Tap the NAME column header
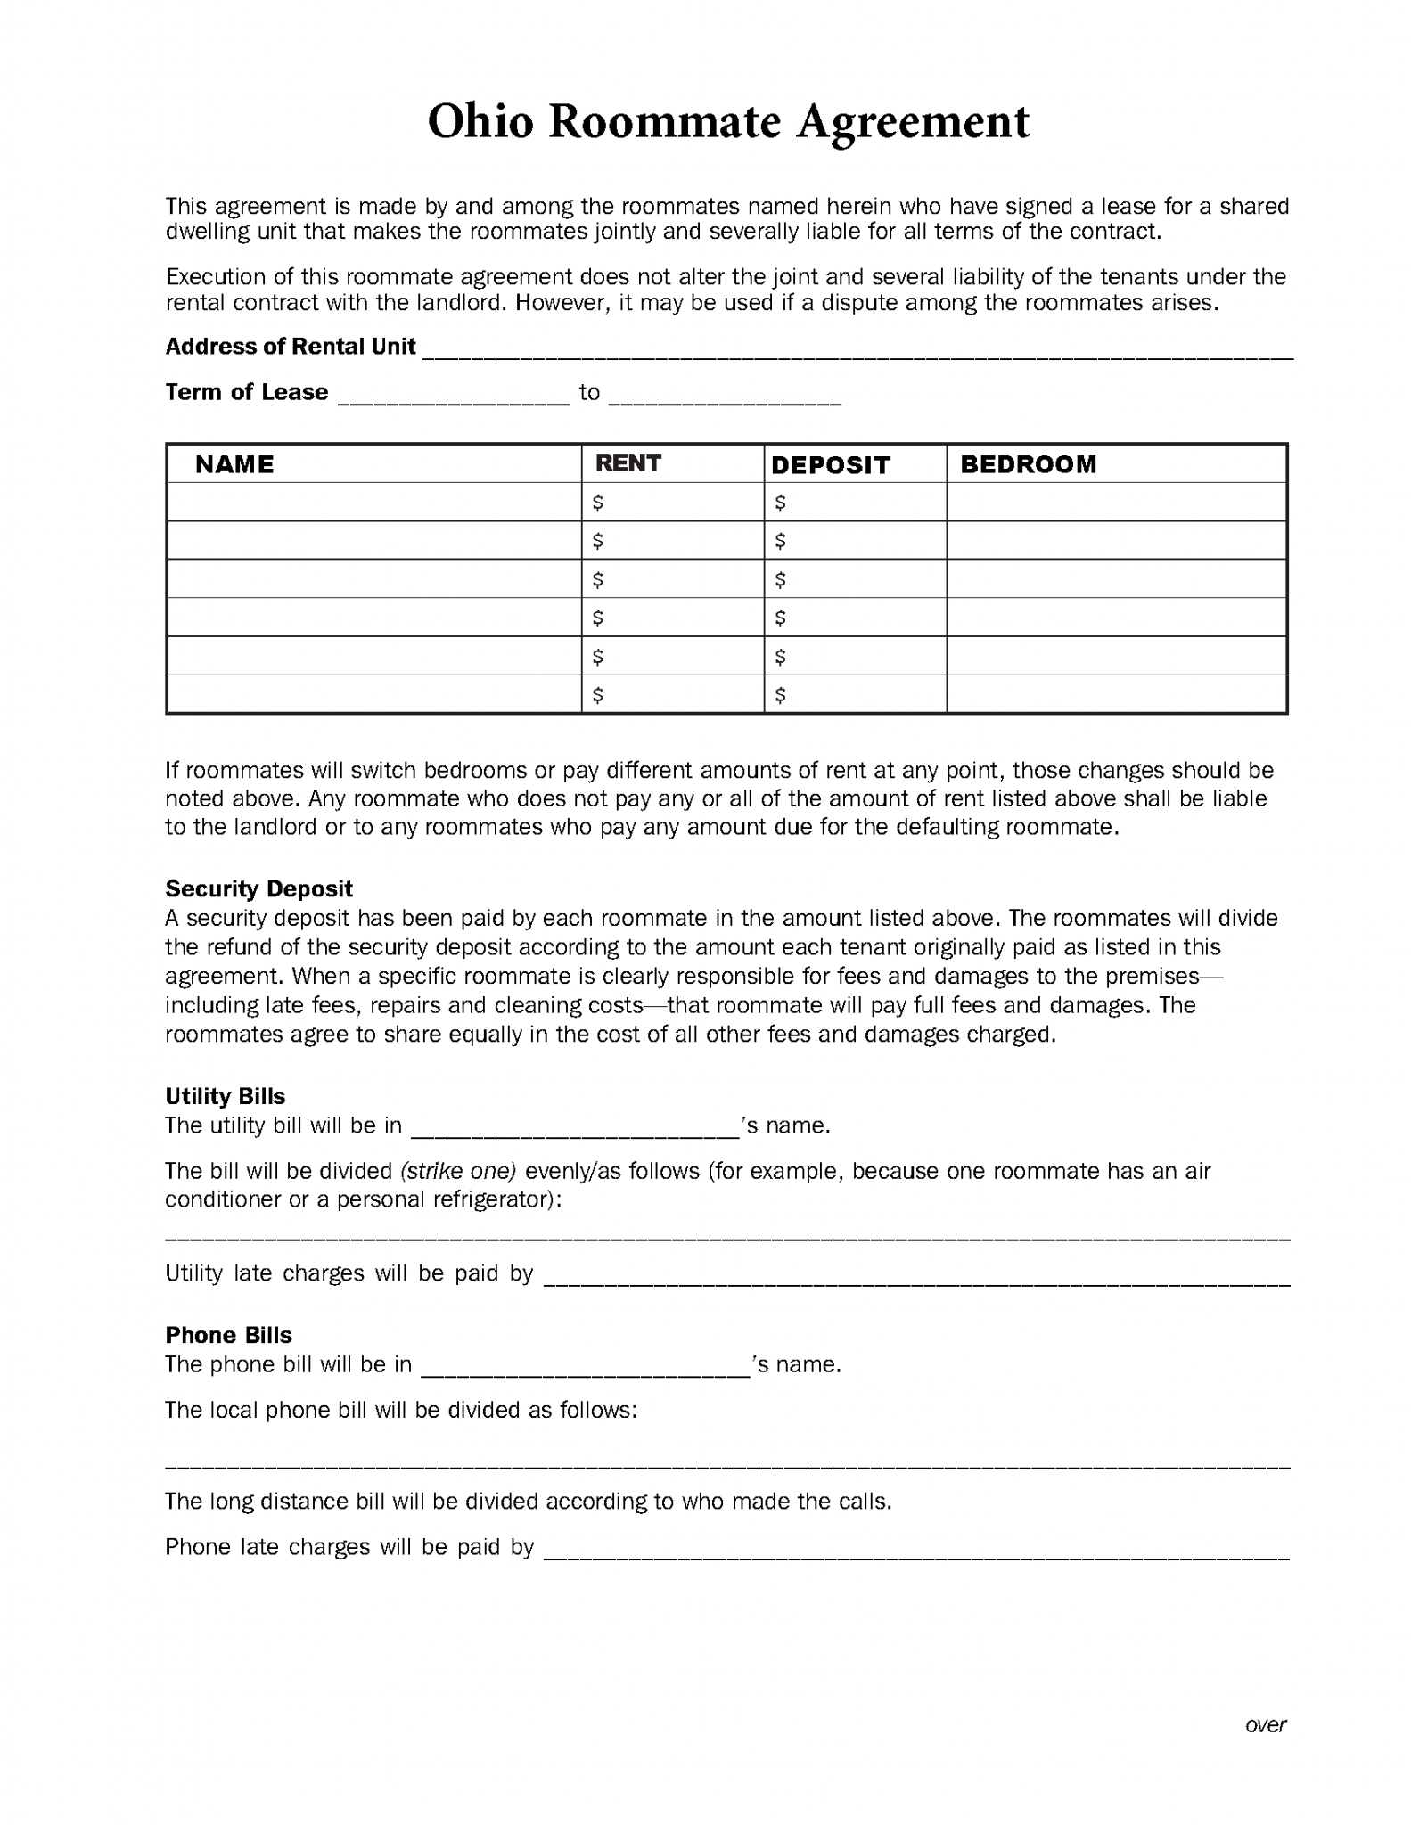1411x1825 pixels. [234, 464]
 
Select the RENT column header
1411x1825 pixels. [628, 463]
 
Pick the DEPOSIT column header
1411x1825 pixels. [830, 465]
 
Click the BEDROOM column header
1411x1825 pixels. [1028, 464]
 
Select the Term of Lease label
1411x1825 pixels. [246, 392]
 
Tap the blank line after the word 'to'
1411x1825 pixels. [725, 398]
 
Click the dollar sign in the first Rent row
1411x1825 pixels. [597, 503]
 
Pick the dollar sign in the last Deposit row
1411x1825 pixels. [780, 695]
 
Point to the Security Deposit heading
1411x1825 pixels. [258, 888]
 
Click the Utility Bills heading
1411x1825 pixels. [225, 1096]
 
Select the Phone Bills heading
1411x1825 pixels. [228, 1335]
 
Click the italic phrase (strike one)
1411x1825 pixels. [458, 1171]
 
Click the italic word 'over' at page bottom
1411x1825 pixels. [1265, 1725]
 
